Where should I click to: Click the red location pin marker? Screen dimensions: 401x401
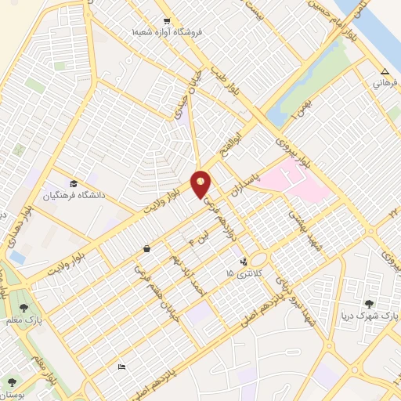tap(201, 183)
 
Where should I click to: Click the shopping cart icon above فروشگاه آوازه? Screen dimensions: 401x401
tap(166, 21)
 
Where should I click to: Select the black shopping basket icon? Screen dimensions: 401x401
tap(146, 249)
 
